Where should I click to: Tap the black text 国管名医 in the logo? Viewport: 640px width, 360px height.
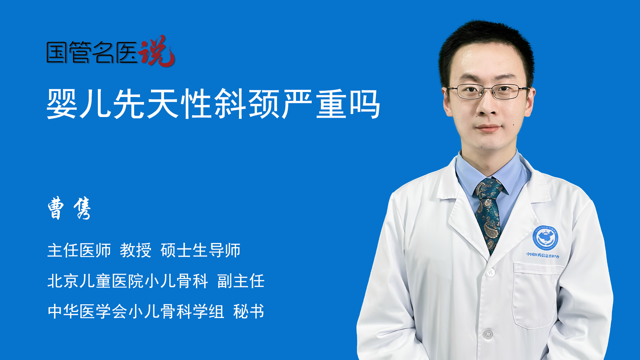pyautogui.click(x=92, y=52)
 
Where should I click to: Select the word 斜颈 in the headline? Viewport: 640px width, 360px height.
pyautogui.click(x=247, y=104)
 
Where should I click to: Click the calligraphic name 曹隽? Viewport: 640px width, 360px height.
pyautogui.click(x=69, y=208)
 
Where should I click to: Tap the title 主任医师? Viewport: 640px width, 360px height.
pyautogui.click(x=79, y=250)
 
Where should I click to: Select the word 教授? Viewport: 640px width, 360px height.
pyautogui.click(x=136, y=250)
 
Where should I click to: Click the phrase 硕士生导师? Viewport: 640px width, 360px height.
pyautogui.click(x=200, y=250)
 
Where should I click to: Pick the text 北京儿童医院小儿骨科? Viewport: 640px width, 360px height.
pyautogui.click(x=128, y=281)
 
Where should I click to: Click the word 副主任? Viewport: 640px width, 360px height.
pyautogui.click(x=241, y=281)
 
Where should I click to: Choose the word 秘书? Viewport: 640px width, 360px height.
pyautogui.click(x=249, y=311)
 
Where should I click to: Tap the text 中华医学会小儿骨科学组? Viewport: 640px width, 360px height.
pyautogui.click(x=136, y=311)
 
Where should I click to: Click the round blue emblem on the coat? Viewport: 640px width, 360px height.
pyautogui.click(x=545, y=238)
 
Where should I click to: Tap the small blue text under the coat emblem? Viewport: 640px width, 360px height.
pyautogui.click(x=543, y=255)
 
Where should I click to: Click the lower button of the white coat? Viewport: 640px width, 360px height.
pyautogui.click(x=488, y=334)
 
